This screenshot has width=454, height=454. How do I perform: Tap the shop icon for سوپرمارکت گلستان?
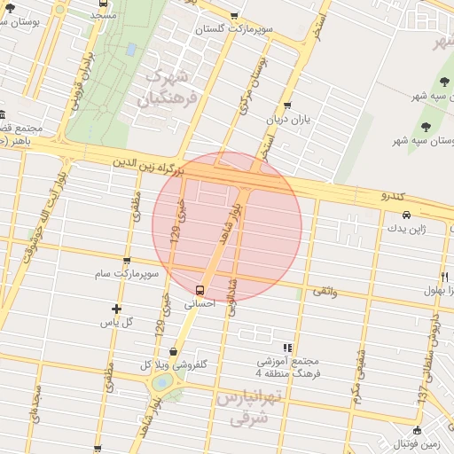[234, 15]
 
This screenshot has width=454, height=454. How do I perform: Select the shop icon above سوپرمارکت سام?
[127, 261]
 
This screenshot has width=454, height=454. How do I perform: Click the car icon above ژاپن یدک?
[406, 215]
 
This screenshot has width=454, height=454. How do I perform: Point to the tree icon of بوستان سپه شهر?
[427, 126]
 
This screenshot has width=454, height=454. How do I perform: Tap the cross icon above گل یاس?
[117, 308]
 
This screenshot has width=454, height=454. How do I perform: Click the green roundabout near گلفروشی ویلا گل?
[163, 382]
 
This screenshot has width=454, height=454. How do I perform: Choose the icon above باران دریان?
[287, 105]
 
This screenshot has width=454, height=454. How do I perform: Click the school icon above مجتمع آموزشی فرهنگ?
[286, 348]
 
